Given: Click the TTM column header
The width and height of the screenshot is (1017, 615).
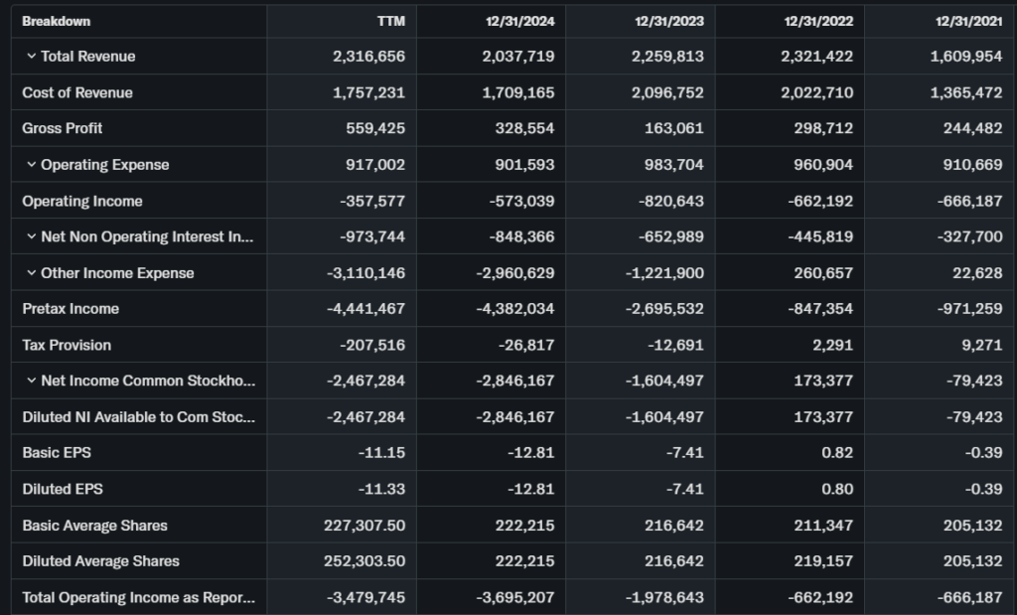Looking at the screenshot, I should pyautogui.click(x=391, y=21).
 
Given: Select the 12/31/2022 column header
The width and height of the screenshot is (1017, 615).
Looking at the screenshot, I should pyautogui.click(x=818, y=21).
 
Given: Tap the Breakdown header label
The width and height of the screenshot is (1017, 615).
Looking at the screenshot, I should pyautogui.click(x=56, y=21).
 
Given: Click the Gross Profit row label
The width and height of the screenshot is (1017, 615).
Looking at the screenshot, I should pyautogui.click(x=63, y=128).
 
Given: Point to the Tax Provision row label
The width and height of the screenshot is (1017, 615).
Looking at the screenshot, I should pyautogui.click(x=67, y=345).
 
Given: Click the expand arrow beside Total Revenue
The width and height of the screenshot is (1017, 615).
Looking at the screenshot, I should pyautogui.click(x=31, y=57).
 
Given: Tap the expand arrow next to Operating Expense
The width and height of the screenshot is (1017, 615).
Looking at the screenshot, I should pyautogui.click(x=31, y=165).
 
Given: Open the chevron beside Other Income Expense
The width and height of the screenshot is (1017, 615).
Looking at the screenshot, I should pyautogui.click(x=31, y=273).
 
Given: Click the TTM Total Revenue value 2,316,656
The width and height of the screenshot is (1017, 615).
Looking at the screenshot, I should pyautogui.click(x=368, y=57).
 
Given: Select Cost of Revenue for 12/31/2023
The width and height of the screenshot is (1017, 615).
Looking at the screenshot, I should pyautogui.click(x=667, y=92).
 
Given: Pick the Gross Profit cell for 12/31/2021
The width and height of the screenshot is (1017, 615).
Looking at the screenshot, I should pyautogui.click(x=966, y=128).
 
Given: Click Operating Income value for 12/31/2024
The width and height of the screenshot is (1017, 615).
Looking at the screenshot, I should pyautogui.click(x=522, y=201).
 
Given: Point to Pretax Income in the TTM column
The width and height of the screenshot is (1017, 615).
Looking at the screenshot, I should pyautogui.click(x=365, y=309).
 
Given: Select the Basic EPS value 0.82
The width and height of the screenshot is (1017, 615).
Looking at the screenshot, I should pyautogui.click(x=838, y=453).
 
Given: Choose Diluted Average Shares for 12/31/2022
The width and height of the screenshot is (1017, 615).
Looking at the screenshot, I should pyautogui.click(x=824, y=561).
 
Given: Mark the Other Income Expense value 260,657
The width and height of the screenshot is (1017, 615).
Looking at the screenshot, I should pyautogui.click(x=822, y=273).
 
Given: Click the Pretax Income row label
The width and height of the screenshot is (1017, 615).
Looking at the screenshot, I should pyautogui.click(x=71, y=309).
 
